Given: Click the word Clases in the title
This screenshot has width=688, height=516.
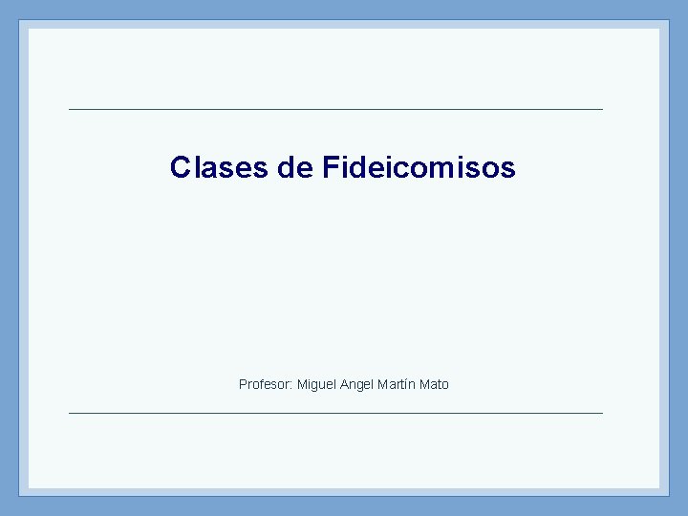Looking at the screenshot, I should click(x=219, y=168).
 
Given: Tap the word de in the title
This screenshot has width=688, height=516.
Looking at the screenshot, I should click(x=294, y=168).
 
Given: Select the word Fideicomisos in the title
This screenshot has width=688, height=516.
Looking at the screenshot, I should click(x=419, y=168).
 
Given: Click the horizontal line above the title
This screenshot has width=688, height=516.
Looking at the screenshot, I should click(x=335, y=109).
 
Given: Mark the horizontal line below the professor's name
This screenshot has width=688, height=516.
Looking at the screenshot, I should click(x=335, y=413).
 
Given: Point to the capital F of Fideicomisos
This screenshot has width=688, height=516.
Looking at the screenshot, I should click(x=330, y=168).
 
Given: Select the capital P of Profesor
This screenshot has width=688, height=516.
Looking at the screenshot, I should click(x=243, y=384).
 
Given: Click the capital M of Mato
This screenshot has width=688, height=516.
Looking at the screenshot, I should click(x=424, y=384).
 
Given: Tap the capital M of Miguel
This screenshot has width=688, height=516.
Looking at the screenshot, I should click(x=302, y=384).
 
